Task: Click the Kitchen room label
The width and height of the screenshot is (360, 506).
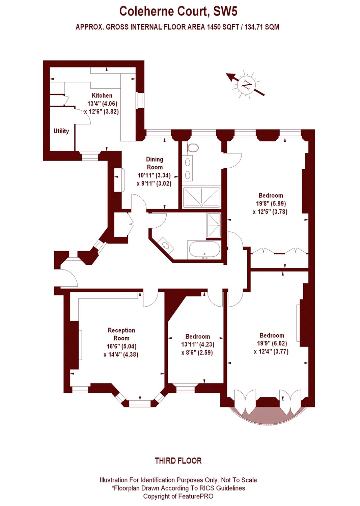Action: click(x=102, y=95)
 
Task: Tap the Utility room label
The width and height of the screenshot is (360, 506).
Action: click(x=61, y=131)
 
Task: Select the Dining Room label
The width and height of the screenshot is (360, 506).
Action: click(x=155, y=163)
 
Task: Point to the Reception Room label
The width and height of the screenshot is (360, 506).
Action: click(x=121, y=334)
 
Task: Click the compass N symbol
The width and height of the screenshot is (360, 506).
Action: click(x=246, y=85)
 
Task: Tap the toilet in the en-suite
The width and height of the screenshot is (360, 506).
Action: click(x=193, y=148)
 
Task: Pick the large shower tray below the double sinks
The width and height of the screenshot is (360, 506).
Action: click(x=201, y=197)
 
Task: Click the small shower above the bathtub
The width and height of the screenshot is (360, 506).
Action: click(x=214, y=225)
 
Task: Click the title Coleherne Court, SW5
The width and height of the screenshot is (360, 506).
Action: click(x=178, y=11)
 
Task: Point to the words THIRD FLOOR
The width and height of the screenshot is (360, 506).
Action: click(x=178, y=454)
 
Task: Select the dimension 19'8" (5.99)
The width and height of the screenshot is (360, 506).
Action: click(x=271, y=203)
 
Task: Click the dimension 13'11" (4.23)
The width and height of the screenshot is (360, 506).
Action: click(x=198, y=344)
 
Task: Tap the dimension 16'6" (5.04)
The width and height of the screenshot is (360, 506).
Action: click(x=121, y=346)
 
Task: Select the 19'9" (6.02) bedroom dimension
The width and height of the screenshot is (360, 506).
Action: click(x=272, y=343)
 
